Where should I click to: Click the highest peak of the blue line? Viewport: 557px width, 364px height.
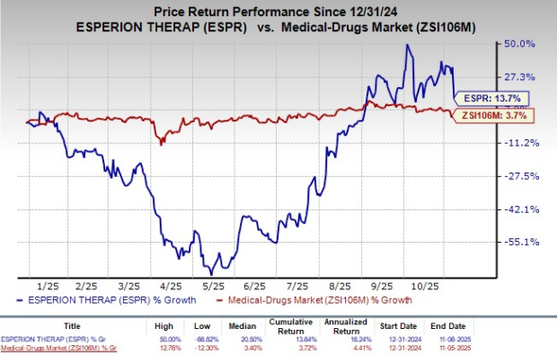(409, 44)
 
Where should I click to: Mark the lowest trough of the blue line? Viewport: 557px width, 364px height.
(211, 273)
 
